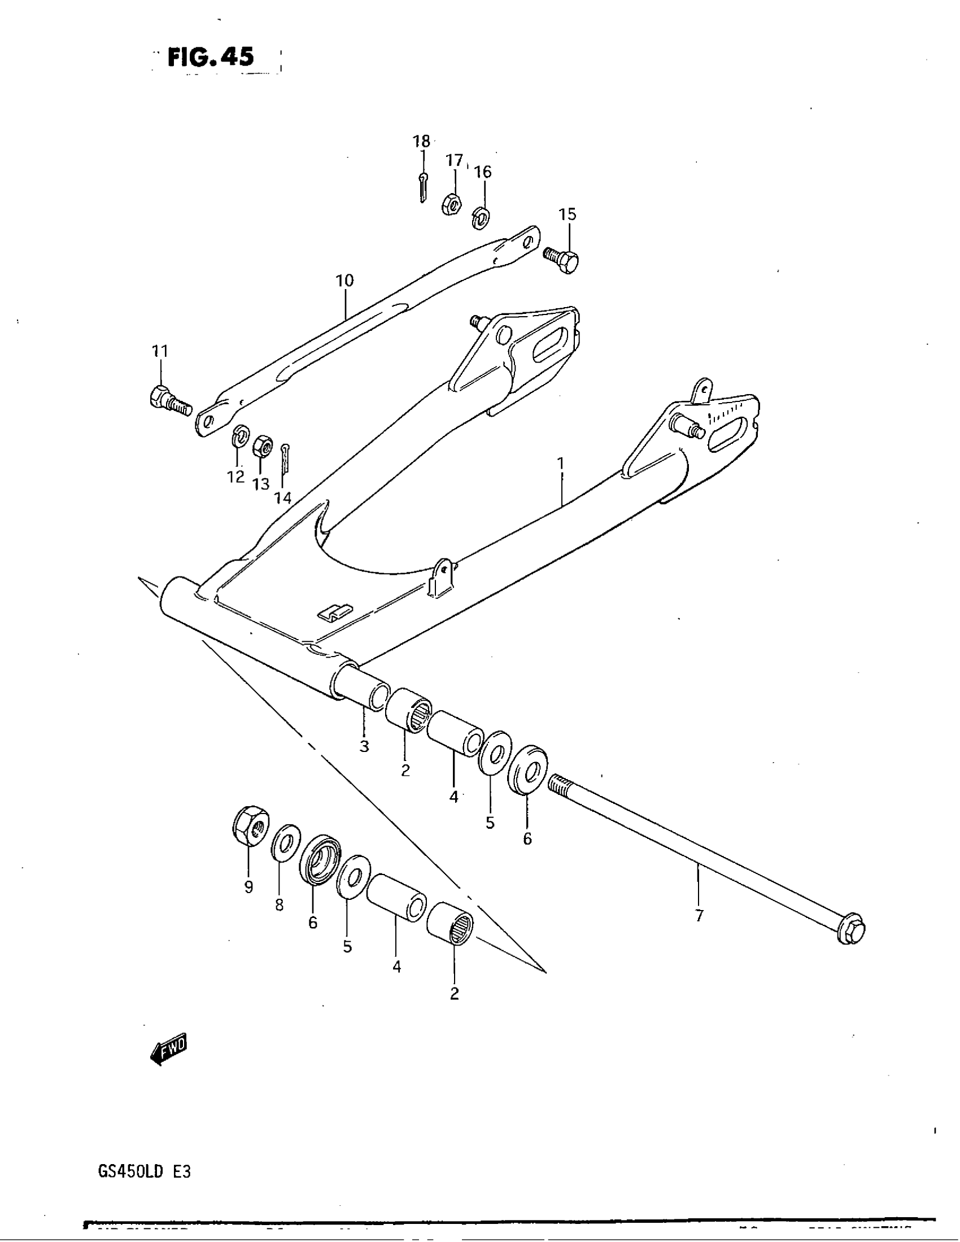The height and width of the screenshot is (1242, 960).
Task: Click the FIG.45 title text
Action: point(211,58)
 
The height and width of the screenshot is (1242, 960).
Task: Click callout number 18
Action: point(421,141)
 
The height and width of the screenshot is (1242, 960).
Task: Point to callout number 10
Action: point(344,281)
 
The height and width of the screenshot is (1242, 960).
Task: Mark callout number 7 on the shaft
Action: point(699,916)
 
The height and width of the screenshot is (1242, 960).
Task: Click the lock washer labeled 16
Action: point(482,217)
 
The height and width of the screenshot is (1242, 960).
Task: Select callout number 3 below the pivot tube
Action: point(364,746)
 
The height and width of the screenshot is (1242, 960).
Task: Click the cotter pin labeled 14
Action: point(286,458)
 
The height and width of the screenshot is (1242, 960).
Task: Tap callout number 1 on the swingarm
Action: point(561,463)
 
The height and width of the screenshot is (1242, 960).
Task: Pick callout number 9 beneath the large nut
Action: point(248,887)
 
